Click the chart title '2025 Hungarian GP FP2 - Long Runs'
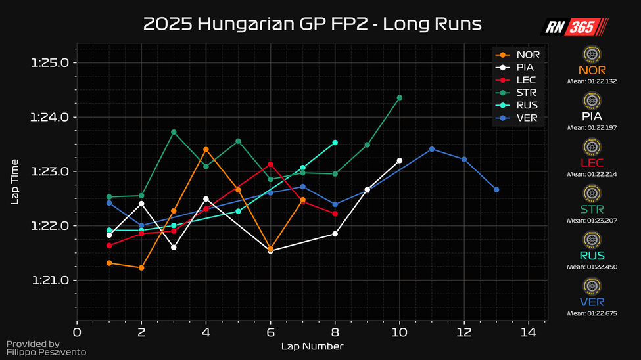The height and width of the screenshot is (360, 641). (312, 24)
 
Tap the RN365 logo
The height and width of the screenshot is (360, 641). (575, 27)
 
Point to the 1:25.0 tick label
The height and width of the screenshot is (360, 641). (50, 63)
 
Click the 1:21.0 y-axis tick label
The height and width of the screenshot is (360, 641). (50, 281)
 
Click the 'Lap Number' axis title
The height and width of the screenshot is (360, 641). (312, 346)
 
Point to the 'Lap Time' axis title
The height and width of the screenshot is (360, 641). (14, 181)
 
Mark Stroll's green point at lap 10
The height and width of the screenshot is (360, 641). (400, 98)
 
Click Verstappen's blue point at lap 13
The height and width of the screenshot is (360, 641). (496, 190)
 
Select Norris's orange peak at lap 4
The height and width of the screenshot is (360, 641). (206, 150)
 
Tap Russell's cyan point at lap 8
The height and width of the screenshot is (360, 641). (335, 143)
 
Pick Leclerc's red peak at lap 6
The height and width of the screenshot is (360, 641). (270, 164)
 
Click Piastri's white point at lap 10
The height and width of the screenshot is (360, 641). (400, 160)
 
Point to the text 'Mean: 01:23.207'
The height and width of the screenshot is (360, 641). (592, 221)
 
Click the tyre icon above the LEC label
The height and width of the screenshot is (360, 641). (592, 147)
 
